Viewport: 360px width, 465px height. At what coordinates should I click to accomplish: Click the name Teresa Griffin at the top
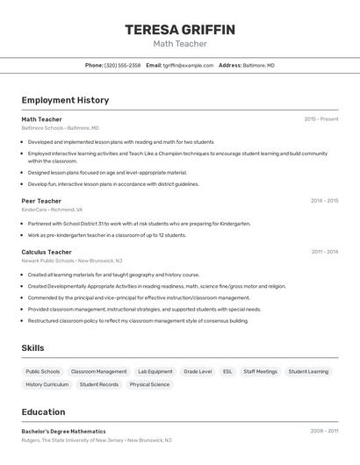click(180, 30)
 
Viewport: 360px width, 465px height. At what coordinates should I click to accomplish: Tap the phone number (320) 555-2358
click(122, 65)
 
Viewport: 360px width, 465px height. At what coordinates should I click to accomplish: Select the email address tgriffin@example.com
click(188, 65)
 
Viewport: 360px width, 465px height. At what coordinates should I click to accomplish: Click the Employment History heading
click(65, 100)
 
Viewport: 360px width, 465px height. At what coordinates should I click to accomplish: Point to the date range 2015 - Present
click(321, 118)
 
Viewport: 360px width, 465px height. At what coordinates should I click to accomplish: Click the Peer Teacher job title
click(41, 201)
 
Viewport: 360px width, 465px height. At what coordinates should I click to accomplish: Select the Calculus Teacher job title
click(47, 252)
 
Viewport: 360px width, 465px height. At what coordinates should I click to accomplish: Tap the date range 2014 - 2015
click(324, 201)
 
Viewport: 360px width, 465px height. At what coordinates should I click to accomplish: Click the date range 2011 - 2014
click(324, 252)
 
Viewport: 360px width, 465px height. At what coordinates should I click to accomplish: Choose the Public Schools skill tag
click(43, 371)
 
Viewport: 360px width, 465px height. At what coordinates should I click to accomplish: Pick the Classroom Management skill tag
click(98, 371)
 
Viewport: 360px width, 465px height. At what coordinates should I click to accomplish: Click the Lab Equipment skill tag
click(155, 371)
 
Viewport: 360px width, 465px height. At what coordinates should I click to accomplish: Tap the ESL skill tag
click(227, 371)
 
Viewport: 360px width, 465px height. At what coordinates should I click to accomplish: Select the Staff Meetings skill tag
click(260, 371)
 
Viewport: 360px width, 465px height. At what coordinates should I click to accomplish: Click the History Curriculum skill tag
click(47, 384)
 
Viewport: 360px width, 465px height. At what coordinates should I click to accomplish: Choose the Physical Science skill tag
click(149, 384)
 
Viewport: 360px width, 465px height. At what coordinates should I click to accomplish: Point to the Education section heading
click(43, 412)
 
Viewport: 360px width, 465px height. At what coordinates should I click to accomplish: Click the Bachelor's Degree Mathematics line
click(63, 431)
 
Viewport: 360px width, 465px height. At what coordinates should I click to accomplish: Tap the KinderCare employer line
click(52, 210)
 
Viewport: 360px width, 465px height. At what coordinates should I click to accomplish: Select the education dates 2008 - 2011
click(324, 431)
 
